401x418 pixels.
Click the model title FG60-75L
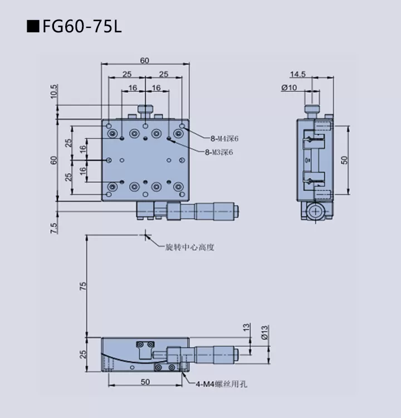[x=81, y=26]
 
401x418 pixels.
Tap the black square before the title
[x=33, y=26]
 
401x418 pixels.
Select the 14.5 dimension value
[x=298, y=74]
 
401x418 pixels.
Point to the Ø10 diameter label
[x=289, y=87]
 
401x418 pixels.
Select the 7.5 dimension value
[x=53, y=227]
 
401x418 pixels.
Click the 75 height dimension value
[x=83, y=286]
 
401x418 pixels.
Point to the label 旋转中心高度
[x=189, y=247]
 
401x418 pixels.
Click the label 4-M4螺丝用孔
[x=222, y=383]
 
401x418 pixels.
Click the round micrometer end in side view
[x=315, y=212]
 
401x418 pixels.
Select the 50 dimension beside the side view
[x=345, y=159]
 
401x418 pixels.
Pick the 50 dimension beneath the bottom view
[x=145, y=381]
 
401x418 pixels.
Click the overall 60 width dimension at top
[x=145, y=61]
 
